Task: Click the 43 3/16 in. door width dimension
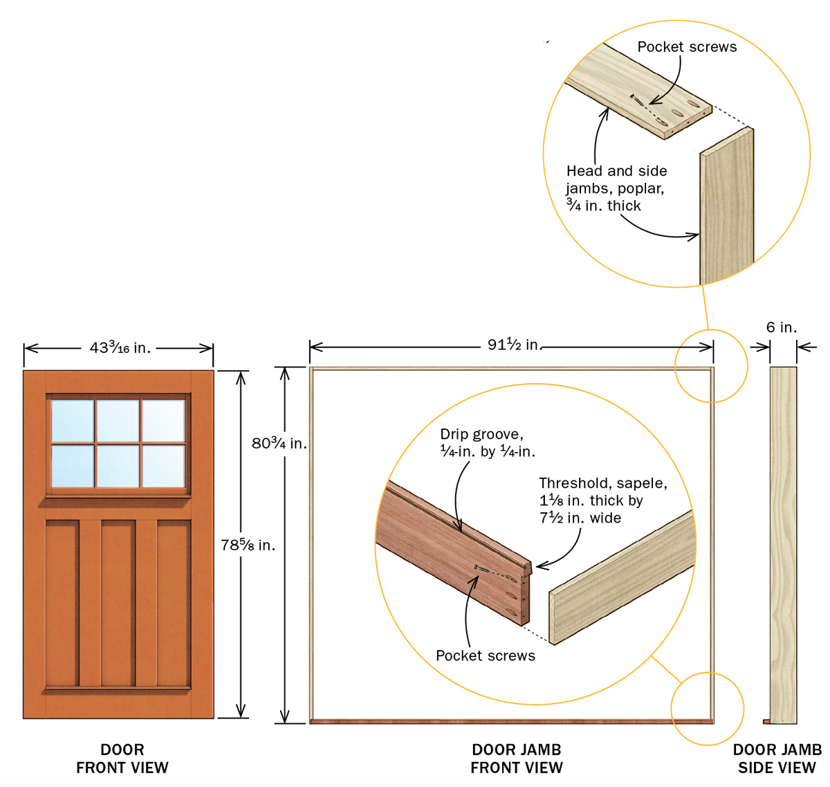(120, 348)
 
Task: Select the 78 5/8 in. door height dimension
(248, 545)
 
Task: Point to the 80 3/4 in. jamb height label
(279, 444)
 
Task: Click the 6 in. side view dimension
(782, 327)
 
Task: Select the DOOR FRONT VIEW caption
(122, 759)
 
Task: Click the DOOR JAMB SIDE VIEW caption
(777, 759)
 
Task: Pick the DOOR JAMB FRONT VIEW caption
(517, 759)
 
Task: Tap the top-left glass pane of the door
(73, 420)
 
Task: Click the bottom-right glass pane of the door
(164, 466)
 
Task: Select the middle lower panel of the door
(118, 602)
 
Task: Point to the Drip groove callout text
(488, 443)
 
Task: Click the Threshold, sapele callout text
(602, 500)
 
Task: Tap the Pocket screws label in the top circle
(687, 47)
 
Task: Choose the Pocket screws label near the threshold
(486, 655)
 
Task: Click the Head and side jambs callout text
(616, 188)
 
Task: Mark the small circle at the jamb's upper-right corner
(711, 365)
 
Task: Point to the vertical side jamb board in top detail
(727, 208)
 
